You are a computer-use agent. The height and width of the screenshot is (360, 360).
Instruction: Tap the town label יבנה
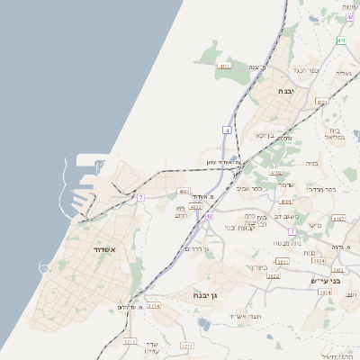pyautogui.click(x=286, y=91)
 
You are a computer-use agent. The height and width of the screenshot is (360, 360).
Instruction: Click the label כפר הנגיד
pyautogui.click(x=307, y=70)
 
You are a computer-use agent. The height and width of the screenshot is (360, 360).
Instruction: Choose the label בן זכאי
pyautogui.click(x=258, y=135)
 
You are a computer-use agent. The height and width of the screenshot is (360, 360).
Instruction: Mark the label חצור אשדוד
pyautogui.click(x=245, y=316)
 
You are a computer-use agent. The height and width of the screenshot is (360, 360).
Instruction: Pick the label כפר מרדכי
pyautogui.click(x=321, y=190)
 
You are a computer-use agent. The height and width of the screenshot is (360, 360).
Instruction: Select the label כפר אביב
pyautogui.click(x=249, y=188)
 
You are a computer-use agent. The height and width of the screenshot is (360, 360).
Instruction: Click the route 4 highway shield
pyautogui.click(x=229, y=131)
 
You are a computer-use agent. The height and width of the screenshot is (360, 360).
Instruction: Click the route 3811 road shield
pyautogui.click(x=283, y=262)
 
